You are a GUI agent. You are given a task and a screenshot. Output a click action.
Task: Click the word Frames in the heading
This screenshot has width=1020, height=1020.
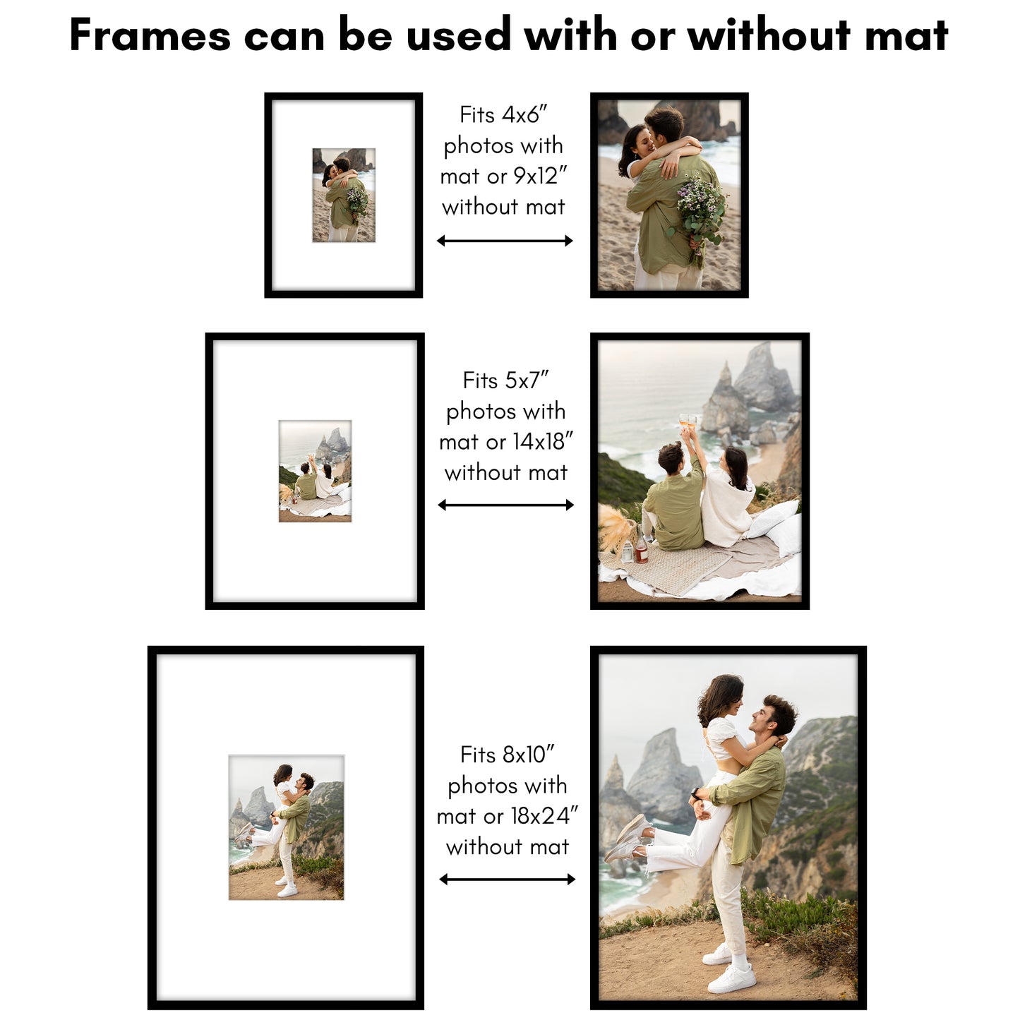point(150,35)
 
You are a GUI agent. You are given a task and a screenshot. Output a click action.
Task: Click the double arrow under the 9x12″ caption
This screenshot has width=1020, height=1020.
point(505,241)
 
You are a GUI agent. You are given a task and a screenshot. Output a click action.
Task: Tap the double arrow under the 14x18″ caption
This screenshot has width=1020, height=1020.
point(505,505)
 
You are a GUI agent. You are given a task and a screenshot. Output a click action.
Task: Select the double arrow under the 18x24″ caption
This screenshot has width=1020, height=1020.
point(507,879)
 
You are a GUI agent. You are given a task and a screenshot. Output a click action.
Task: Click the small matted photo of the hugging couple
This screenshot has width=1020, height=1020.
point(344,196)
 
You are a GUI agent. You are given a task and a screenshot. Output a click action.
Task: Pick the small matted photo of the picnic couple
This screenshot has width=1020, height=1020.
point(315,471)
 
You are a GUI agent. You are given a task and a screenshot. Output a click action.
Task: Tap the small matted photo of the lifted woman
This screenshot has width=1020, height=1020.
point(286,827)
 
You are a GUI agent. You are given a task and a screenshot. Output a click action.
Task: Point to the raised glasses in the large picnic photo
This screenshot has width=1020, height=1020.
point(688,422)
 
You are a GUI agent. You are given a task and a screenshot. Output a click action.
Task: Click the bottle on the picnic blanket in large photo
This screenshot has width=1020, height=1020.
point(641,548)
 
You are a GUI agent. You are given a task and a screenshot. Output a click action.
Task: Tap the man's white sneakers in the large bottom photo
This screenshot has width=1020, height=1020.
point(731,971)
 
